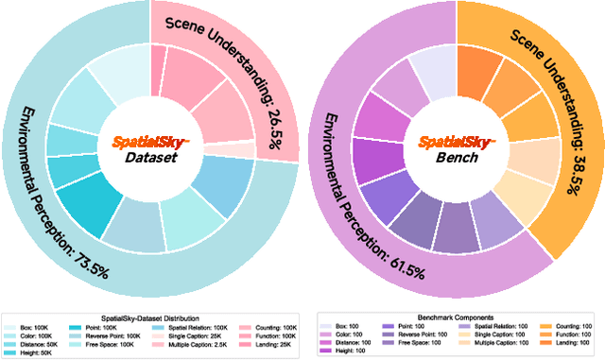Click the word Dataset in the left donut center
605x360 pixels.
[150, 158]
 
